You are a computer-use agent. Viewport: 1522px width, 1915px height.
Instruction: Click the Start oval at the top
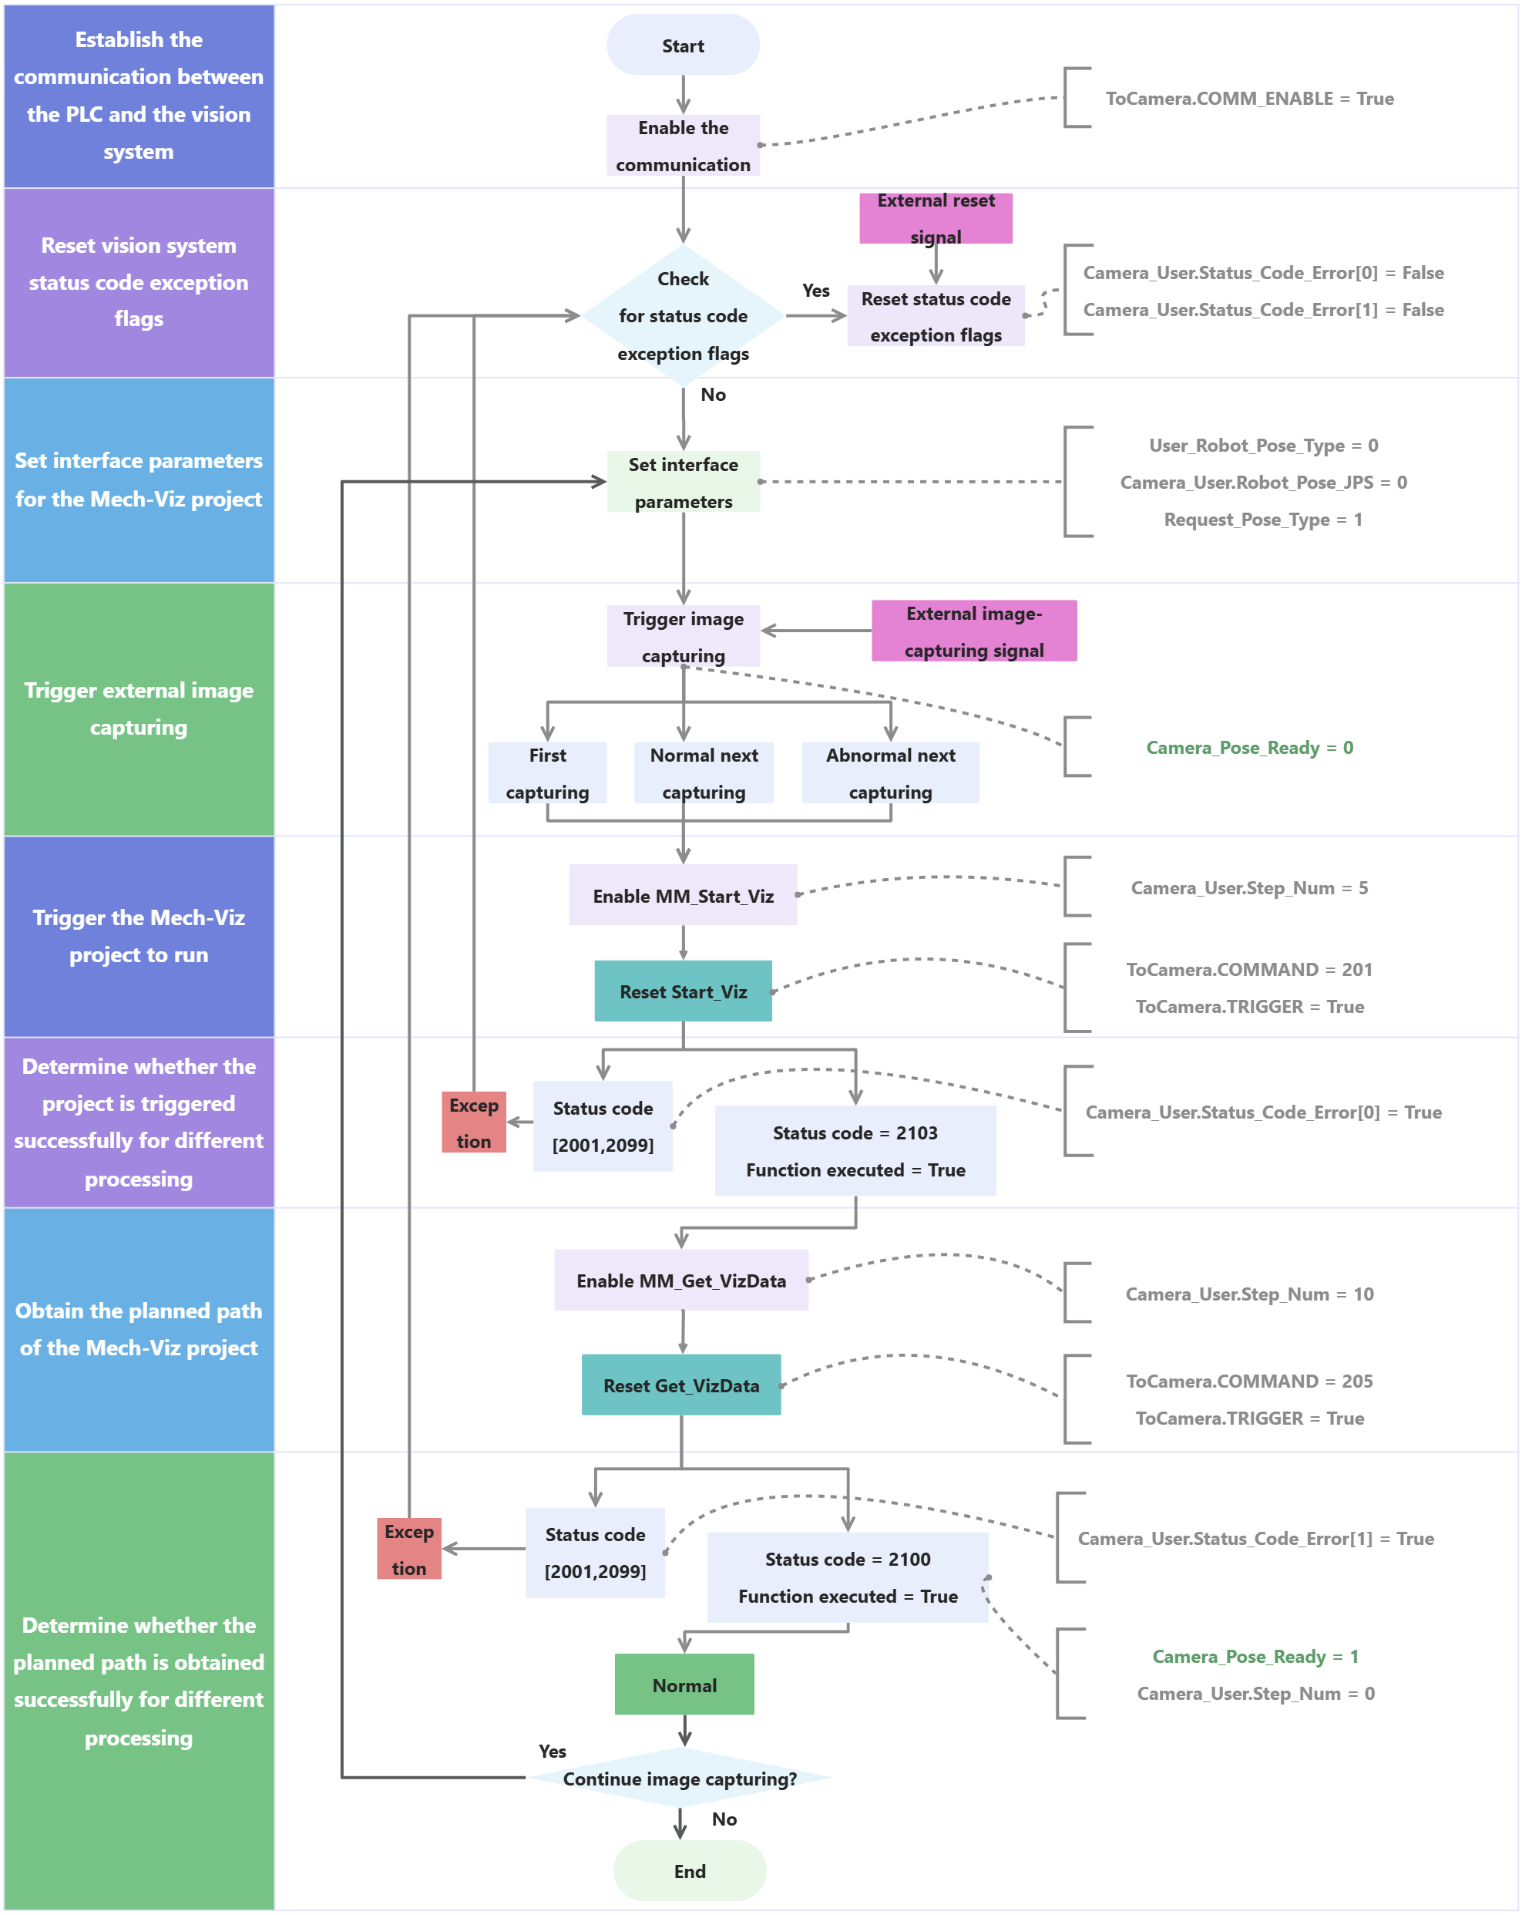(x=683, y=45)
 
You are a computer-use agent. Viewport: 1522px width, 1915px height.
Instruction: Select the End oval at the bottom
(x=689, y=1870)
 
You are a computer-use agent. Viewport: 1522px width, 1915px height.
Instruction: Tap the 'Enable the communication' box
(x=683, y=146)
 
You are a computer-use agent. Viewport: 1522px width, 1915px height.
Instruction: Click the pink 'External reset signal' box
(x=935, y=217)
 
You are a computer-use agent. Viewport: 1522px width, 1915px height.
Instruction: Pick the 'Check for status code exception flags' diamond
(x=683, y=315)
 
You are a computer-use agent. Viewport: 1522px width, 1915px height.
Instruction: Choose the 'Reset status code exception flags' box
(x=935, y=316)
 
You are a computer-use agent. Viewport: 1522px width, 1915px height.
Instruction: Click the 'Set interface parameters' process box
(x=683, y=483)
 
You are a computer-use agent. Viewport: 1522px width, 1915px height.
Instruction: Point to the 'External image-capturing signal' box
(x=974, y=631)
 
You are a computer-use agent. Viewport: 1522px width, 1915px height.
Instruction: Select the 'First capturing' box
(x=547, y=772)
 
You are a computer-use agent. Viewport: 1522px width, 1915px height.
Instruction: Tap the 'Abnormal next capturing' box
(x=890, y=772)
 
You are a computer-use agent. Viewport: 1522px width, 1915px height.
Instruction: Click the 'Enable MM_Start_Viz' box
(x=683, y=895)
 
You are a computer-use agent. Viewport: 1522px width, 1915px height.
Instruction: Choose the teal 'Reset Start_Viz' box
(x=683, y=991)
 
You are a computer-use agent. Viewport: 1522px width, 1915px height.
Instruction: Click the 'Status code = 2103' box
(x=855, y=1151)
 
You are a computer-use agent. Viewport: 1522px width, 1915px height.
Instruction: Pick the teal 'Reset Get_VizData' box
(x=681, y=1385)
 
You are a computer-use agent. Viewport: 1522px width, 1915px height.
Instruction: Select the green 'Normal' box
(x=684, y=1685)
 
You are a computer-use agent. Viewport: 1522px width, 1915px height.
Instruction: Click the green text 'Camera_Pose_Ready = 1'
(x=1255, y=1657)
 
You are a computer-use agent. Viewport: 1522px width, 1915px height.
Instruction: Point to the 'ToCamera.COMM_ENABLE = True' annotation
(x=1249, y=99)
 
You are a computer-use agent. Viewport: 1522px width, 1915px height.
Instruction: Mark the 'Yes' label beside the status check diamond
(x=816, y=291)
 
